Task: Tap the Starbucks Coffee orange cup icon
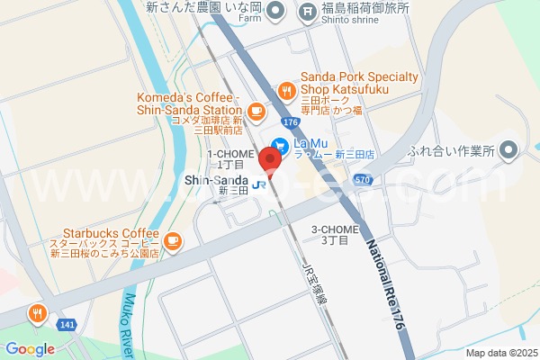point(172,240)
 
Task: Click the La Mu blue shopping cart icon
point(281,143)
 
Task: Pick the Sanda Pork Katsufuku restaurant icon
point(286,90)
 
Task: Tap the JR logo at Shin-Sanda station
point(260,184)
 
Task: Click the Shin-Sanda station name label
point(216,180)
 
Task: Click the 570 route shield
point(362,180)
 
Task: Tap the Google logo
point(30,349)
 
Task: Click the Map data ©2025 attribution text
point(499,353)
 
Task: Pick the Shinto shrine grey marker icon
point(308,12)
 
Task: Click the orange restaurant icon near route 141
point(37,314)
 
